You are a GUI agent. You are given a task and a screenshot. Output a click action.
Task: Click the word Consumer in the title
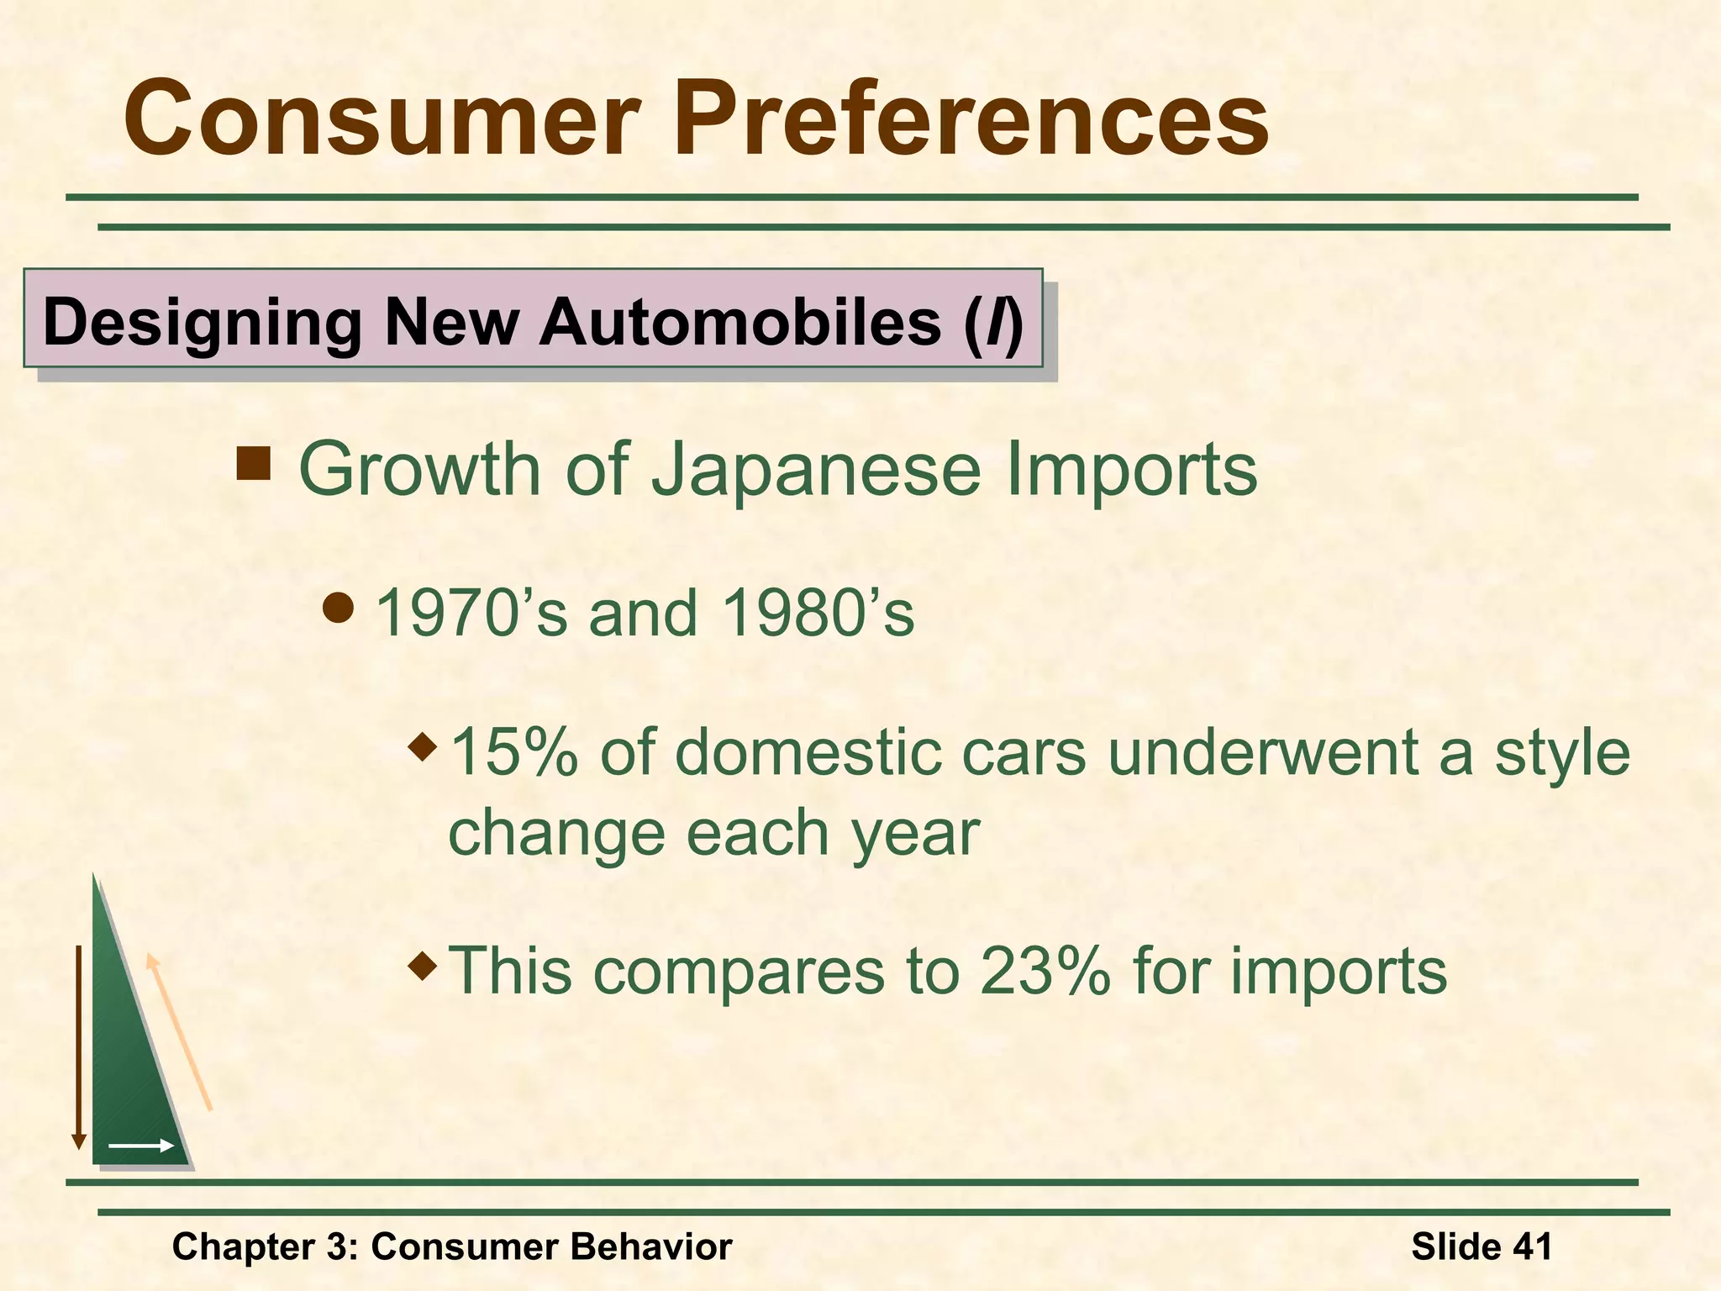tap(382, 119)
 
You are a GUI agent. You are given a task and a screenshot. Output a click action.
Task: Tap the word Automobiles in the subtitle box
tap(739, 322)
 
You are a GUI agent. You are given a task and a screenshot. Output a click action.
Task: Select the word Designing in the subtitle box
tap(203, 324)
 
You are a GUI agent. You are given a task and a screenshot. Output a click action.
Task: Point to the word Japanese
tap(816, 469)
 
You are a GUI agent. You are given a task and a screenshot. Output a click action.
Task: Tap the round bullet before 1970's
tap(339, 608)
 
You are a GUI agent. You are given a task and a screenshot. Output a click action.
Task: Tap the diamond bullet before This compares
tap(423, 964)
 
